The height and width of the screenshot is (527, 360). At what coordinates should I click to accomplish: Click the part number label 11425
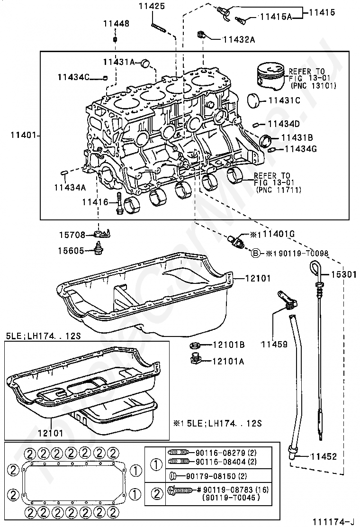click(x=152, y=7)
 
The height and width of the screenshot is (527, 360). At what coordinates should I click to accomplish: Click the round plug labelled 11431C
click(x=256, y=100)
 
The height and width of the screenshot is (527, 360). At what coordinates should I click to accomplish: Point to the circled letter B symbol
click(x=255, y=253)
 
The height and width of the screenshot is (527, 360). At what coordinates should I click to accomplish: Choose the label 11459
click(x=275, y=345)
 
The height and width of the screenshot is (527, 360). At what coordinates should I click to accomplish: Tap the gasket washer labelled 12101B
click(x=194, y=346)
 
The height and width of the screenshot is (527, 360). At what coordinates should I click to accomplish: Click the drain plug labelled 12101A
click(x=194, y=360)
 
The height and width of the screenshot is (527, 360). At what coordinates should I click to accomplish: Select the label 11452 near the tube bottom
click(x=324, y=456)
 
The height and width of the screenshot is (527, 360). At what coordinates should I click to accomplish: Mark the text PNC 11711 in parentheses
click(x=277, y=189)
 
